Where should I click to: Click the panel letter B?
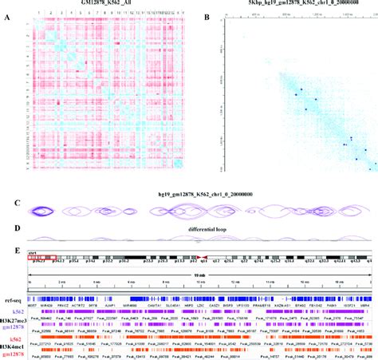[x=207, y=18]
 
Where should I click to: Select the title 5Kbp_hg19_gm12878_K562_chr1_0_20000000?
[x=292, y=4]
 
